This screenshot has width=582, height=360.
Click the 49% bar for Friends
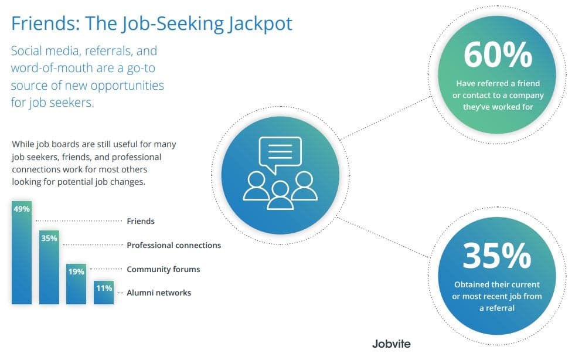22,253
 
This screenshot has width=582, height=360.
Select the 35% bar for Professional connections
49,267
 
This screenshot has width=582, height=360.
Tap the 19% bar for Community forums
76,284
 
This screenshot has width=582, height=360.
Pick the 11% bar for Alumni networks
104,293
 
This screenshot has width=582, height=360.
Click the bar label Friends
141,221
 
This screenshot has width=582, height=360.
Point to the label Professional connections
173,245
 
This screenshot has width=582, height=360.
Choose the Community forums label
164,269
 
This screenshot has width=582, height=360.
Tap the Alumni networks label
159,293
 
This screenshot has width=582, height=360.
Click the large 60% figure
498,55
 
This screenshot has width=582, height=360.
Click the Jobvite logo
391,344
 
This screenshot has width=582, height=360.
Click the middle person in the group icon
280,196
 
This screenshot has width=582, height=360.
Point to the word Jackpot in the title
260,23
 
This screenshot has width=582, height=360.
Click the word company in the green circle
526,96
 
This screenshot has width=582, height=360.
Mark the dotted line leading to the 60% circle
386,118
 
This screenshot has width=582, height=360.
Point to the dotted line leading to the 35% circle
383,237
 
